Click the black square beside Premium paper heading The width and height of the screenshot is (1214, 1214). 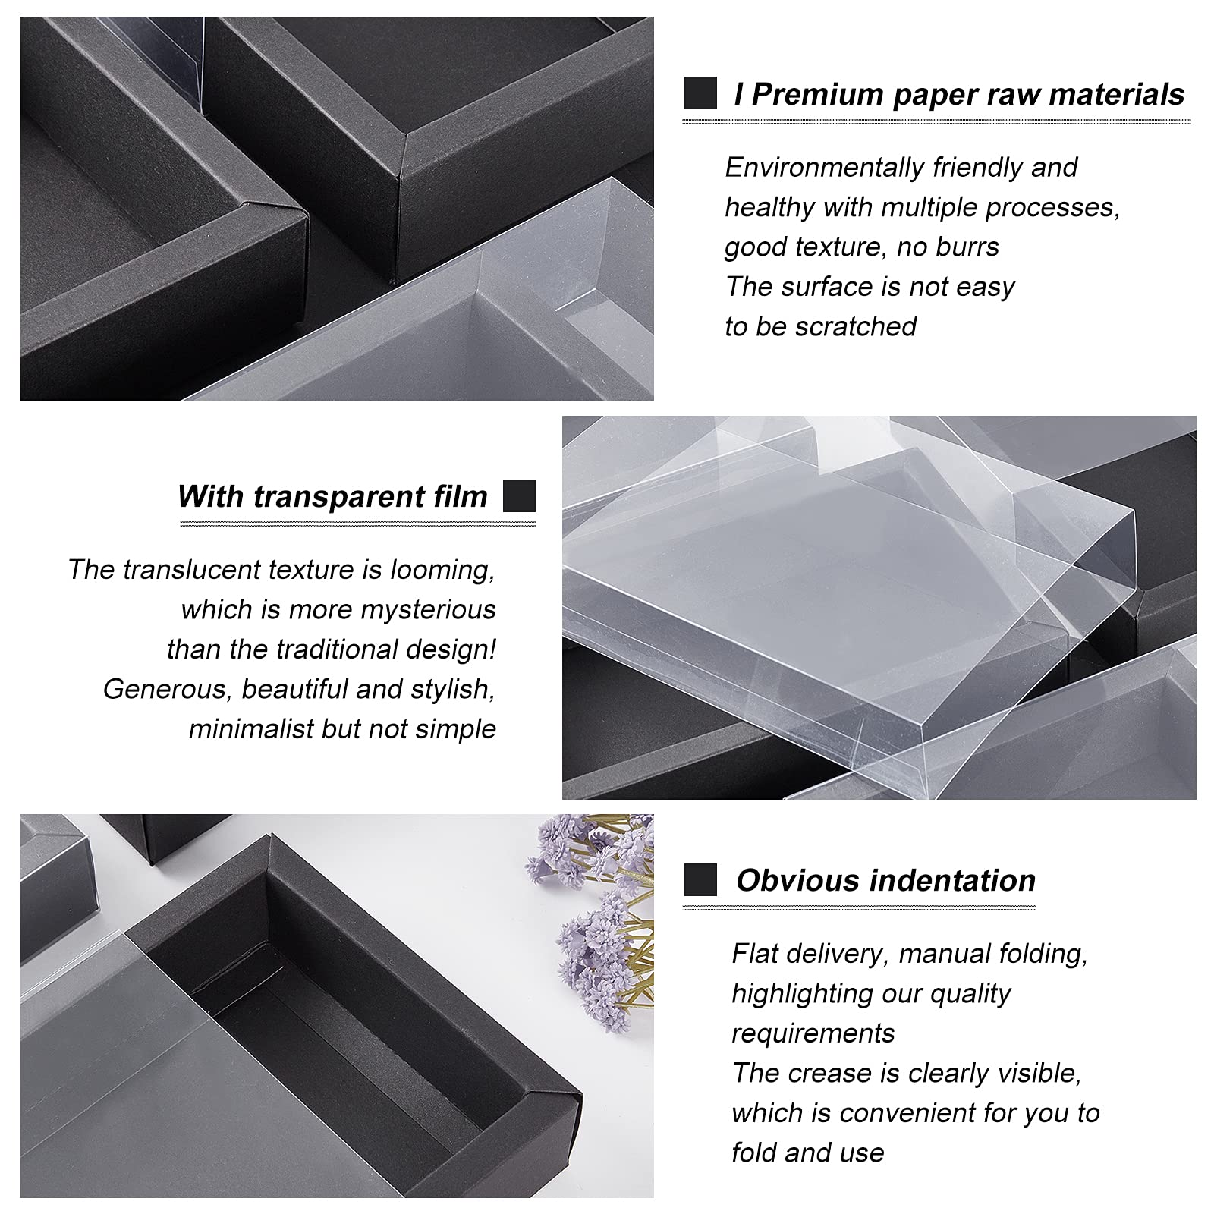click(700, 93)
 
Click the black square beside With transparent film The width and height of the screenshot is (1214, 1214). click(519, 496)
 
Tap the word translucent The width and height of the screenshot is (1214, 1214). click(192, 570)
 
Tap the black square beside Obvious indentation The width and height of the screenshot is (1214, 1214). click(700, 880)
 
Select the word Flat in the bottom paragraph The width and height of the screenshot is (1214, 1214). click(755, 954)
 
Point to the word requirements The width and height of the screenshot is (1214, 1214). click(813, 1033)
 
